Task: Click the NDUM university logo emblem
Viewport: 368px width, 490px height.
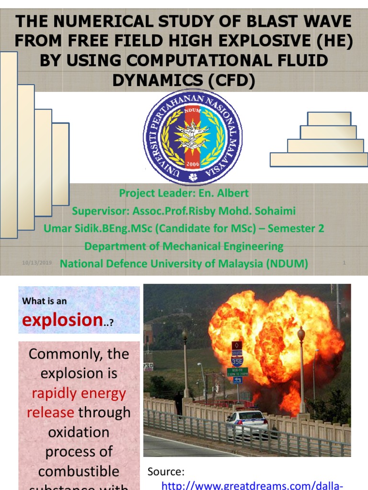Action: tap(193, 137)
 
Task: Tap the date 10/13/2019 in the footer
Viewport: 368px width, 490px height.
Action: tap(37, 263)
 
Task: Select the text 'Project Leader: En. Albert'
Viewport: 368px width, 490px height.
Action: tap(184, 193)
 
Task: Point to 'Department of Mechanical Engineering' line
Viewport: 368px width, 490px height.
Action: tap(184, 246)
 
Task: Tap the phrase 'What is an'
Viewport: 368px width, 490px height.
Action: tap(45, 301)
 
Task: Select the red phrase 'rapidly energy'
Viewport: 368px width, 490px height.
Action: tap(79, 393)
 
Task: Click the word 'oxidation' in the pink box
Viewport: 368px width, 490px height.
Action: tap(79, 432)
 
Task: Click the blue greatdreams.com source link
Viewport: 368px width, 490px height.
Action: tap(252, 485)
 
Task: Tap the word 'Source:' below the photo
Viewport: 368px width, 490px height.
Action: tap(166, 471)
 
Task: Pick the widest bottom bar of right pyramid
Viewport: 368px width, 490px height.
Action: tap(319, 159)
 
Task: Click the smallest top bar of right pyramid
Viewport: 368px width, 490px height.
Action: tap(329, 119)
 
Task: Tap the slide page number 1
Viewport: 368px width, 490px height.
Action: tap(344, 263)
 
